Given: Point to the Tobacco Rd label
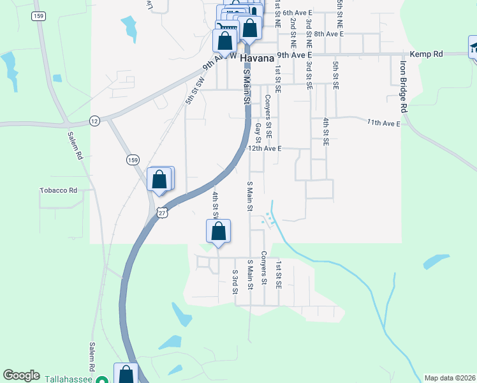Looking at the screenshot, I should click(x=58, y=190).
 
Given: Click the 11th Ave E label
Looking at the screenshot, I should click(x=383, y=122).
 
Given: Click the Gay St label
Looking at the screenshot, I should click(x=258, y=133).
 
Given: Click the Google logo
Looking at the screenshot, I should click(x=21, y=375).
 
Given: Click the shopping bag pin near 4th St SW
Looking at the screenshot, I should click(x=217, y=232).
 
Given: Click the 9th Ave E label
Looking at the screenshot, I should click(x=294, y=56).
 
